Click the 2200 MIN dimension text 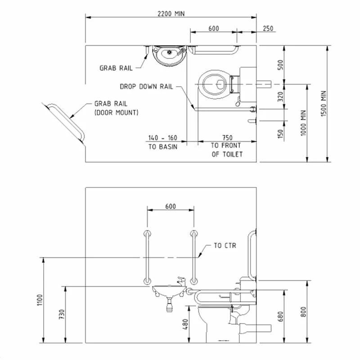(171, 13)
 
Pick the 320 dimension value (280, 97)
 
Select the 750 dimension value (227, 137)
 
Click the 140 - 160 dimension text (163, 137)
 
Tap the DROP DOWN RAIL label (146, 86)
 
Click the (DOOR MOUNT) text (117, 112)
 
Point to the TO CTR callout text (225, 246)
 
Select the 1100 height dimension (39, 300)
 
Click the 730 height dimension (61, 314)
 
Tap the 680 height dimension (280, 316)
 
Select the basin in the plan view (169, 55)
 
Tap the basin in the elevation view (168, 291)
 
